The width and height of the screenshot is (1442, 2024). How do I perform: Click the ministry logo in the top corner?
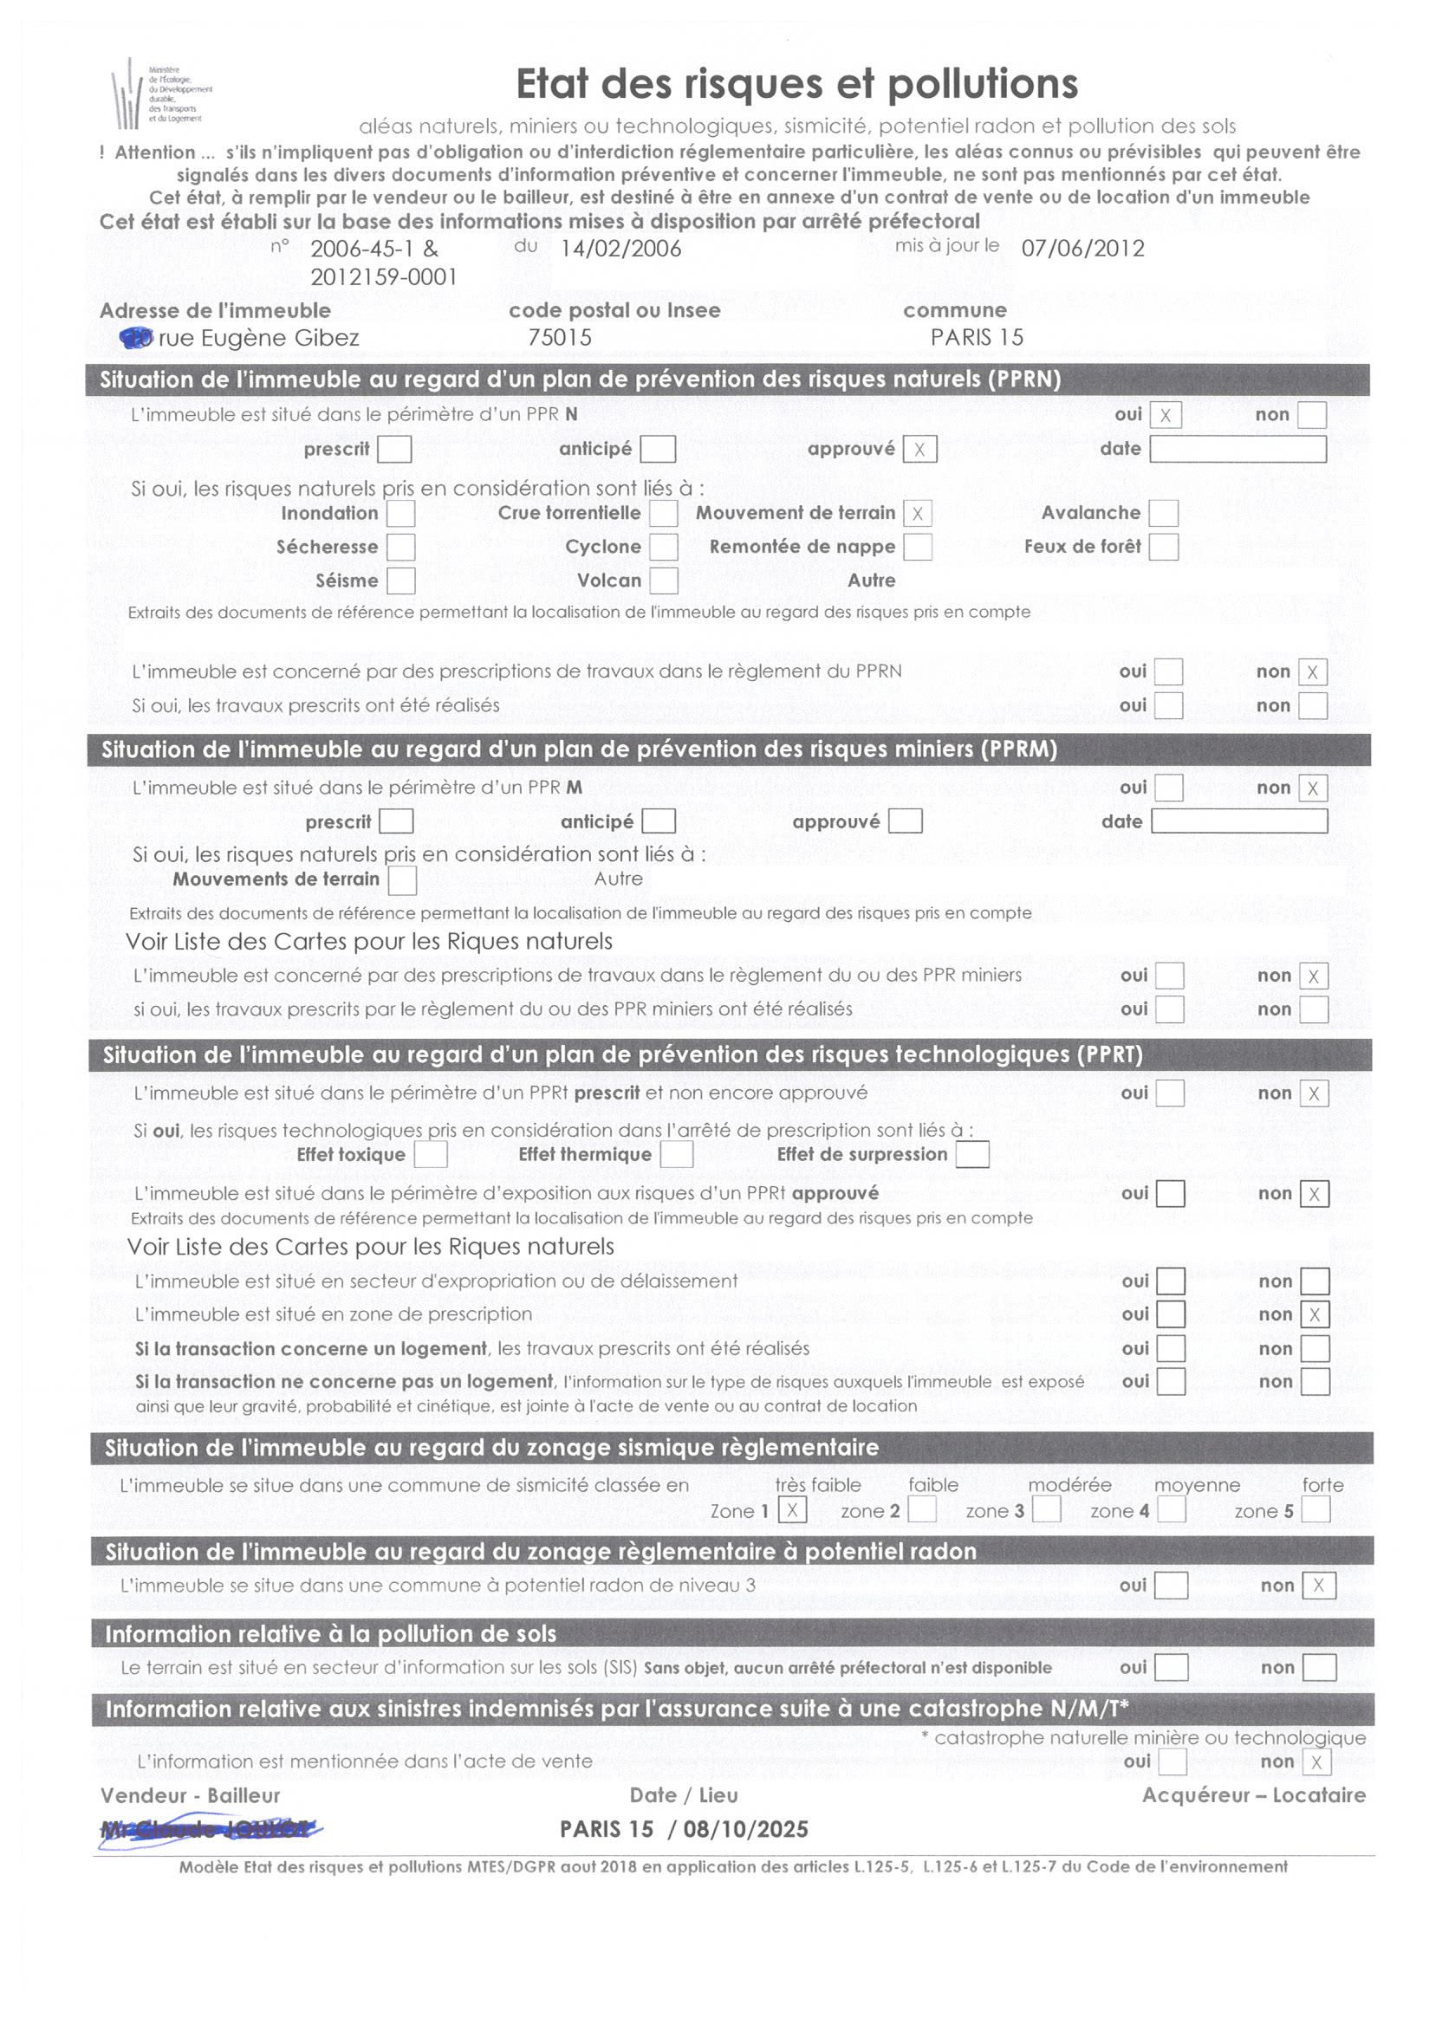tap(159, 94)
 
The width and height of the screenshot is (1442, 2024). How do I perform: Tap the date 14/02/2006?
tap(620, 249)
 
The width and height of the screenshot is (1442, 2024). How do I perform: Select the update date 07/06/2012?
tap(1082, 249)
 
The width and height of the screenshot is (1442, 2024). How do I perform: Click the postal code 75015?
tap(560, 338)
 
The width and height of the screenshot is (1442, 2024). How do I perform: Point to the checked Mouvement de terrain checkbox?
tap(917, 513)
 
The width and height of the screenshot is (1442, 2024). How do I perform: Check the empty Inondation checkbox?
tap(400, 513)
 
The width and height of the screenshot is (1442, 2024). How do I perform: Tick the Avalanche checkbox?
tap(1163, 513)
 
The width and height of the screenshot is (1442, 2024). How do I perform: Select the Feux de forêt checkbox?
tap(1163, 547)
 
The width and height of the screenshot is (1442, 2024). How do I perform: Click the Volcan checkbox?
tap(663, 581)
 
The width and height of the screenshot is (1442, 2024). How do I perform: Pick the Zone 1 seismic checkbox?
tap(792, 1510)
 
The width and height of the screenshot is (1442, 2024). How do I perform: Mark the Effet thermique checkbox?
tap(677, 1154)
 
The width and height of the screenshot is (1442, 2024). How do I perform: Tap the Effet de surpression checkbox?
tap(972, 1154)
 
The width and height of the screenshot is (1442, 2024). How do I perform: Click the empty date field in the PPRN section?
tap(1237, 449)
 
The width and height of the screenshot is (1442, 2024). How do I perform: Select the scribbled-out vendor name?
tap(210, 1829)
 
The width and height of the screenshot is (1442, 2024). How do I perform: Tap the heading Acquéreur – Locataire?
tap(1254, 1795)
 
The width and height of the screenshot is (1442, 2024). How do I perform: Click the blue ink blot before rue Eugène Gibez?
tap(137, 338)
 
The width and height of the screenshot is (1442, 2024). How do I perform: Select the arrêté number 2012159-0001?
tap(384, 278)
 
